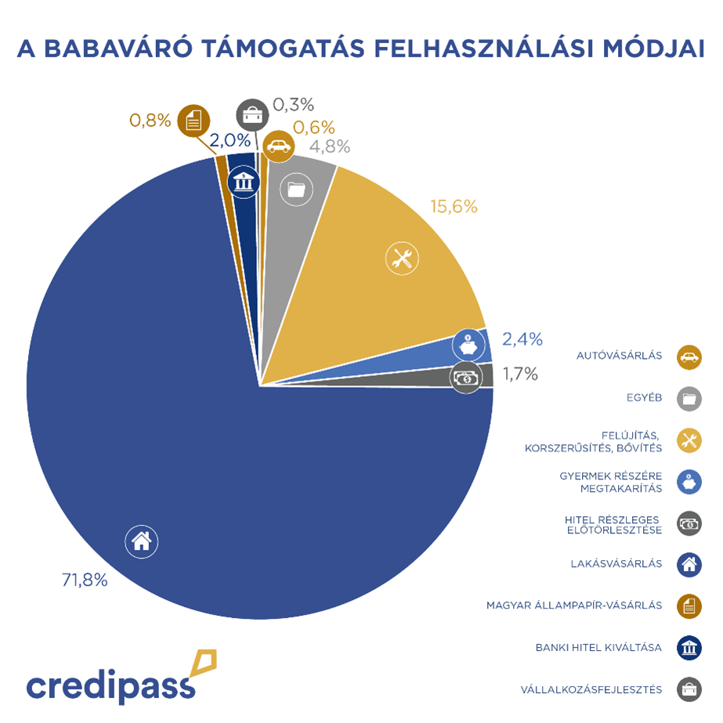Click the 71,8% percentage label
[x=85, y=580]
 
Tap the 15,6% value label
[x=454, y=207]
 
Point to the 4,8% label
[x=329, y=146]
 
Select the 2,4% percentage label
[x=522, y=339]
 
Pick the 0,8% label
[x=150, y=121]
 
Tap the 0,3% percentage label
[x=293, y=104]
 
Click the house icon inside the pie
[x=141, y=540]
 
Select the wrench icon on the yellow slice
[x=403, y=258]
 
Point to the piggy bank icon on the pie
[x=468, y=345]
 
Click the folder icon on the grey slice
[x=296, y=189]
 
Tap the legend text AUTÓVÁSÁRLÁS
[x=619, y=356]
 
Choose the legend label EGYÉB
[x=645, y=398]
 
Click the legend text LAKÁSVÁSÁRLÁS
[x=616, y=563]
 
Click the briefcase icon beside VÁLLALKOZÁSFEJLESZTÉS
[x=689, y=690]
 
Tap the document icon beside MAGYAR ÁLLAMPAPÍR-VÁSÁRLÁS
[x=689, y=606]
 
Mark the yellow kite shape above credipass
[x=206, y=663]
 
